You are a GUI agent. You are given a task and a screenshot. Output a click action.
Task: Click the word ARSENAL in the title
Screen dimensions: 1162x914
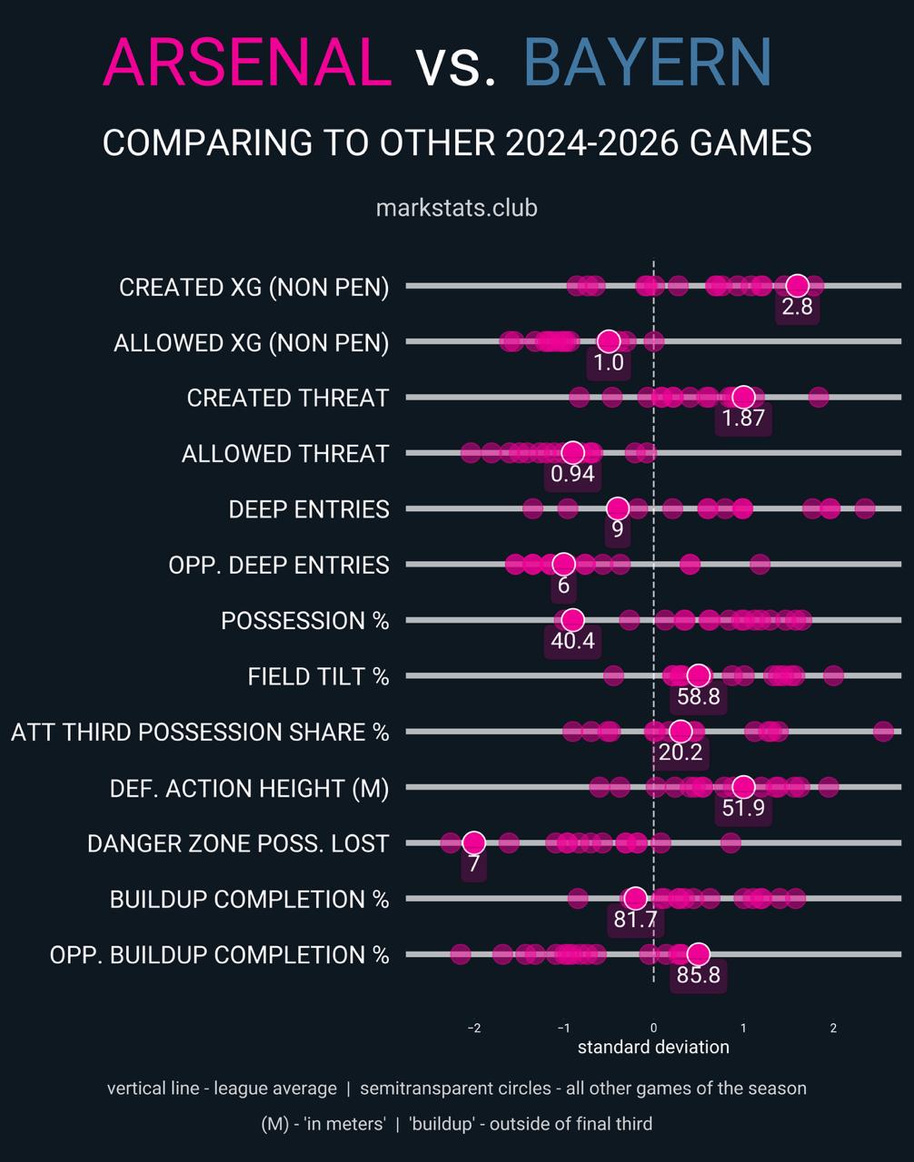[248, 64]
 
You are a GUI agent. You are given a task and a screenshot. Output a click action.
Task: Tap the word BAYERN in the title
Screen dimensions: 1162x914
[647, 64]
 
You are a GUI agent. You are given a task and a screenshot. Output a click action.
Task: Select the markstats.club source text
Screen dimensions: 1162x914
[456, 208]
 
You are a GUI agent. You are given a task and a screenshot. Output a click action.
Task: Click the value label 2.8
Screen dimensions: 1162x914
[797, 307]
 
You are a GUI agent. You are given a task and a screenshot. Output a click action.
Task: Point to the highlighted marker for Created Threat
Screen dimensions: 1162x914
[743, 398]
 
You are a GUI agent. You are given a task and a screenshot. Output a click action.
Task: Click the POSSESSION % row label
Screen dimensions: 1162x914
[304, 621]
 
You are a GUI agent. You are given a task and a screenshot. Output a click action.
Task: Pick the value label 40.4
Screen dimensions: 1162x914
[572, 641]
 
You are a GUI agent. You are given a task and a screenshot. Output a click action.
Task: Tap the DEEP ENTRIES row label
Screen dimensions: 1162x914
[309, 509]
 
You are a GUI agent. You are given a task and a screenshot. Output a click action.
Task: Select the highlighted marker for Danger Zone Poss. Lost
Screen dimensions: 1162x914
[473, 843]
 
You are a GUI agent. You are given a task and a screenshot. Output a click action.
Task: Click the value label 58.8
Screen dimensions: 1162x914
[698, 697]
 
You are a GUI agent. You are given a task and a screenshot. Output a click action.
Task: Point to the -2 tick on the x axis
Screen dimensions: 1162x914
[473, 1028]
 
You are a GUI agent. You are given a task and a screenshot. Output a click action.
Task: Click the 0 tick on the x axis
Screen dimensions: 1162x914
[653, 1028]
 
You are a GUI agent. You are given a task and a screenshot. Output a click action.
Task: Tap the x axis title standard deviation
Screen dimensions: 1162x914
[653, 1048]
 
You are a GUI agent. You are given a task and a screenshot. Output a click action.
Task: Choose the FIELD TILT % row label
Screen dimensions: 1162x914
[318, 677]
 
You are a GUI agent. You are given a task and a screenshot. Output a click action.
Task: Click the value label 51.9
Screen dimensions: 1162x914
[743, 808]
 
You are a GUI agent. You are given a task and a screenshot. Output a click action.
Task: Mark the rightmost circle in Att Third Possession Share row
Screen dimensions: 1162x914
[883, 732]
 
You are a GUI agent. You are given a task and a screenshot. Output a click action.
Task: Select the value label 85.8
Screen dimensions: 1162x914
[698, 976]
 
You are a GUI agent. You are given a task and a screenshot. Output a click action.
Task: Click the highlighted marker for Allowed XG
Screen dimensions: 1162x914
[609, 342]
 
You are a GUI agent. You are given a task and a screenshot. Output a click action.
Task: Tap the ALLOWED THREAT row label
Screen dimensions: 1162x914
[285, 454]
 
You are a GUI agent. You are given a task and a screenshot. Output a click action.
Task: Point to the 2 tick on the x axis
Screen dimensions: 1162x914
[833, 1028]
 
